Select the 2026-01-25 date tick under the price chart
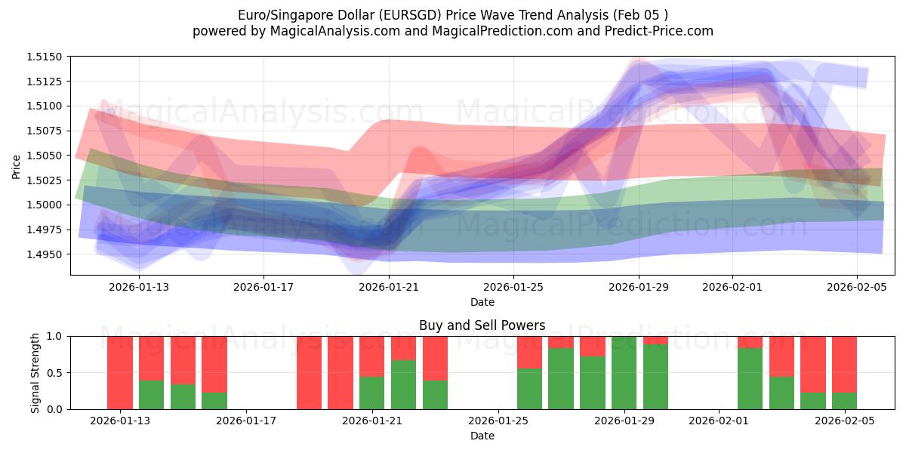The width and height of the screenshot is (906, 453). (513, 286)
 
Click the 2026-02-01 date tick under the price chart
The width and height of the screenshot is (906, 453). (732, 286)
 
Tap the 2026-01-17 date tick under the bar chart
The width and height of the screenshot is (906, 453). (247, 421)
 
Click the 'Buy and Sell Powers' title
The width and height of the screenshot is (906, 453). (482, 326)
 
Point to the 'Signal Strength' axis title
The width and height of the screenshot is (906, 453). (35, 372)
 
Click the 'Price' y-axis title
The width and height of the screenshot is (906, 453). (17, 165)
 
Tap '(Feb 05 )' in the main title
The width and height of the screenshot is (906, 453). (640, 15)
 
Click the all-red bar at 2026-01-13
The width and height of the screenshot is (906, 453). (120, 372)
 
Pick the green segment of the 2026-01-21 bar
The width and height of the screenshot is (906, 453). (372, 393)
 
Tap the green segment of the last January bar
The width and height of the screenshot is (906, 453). (655, 377)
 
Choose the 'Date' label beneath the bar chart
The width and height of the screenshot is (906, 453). (482, 436)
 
